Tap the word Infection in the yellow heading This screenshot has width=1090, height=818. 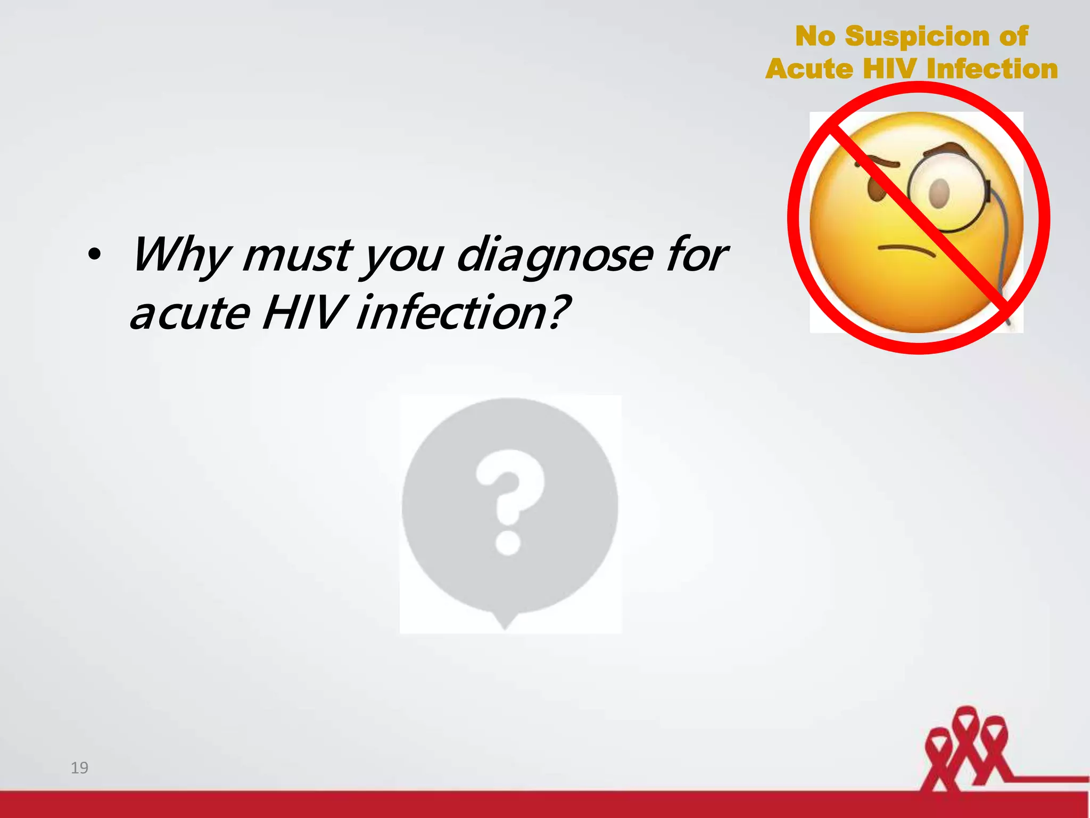(x=992, y=69)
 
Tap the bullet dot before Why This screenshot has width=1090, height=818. (x=94, y=255)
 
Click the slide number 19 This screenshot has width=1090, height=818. (x=79, y=767)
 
